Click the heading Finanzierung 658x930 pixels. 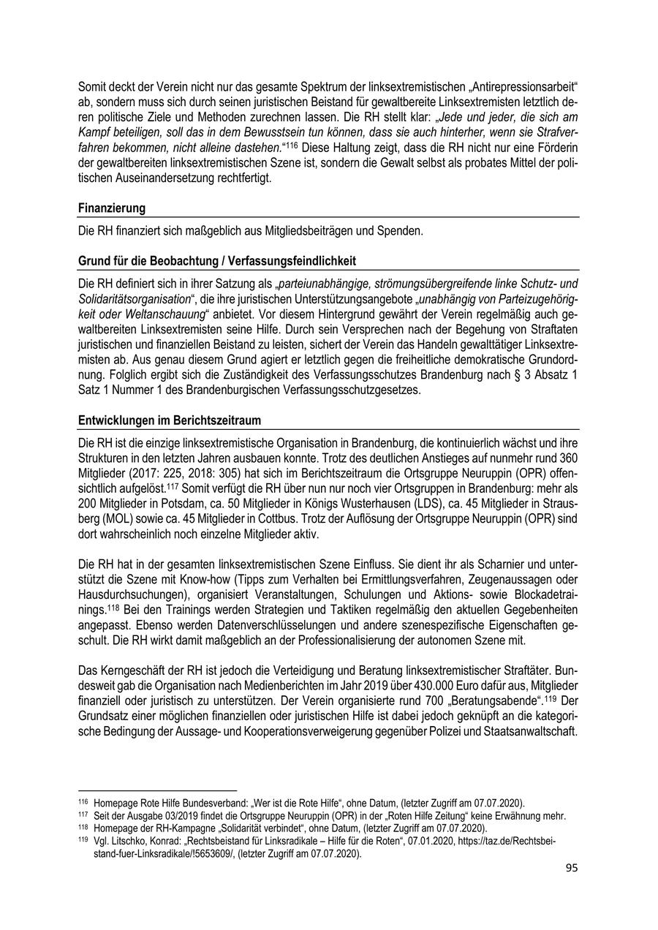111,208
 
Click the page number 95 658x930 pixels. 572,868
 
